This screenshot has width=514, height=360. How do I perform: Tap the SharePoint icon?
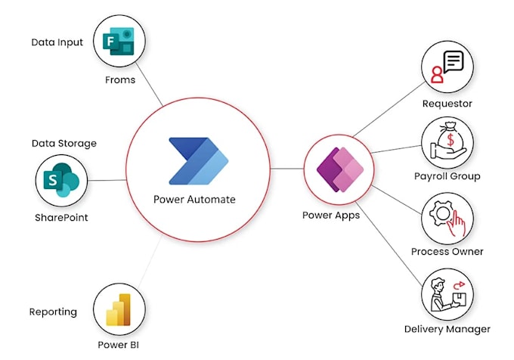click(60, 182)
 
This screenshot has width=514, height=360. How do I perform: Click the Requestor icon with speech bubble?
click(447, 67)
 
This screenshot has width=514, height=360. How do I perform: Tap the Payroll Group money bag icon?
click(447, 143)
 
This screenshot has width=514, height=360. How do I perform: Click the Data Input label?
click(57, 42)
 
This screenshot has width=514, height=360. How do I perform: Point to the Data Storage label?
click(64, 143)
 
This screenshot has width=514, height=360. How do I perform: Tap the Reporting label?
click(53, 312)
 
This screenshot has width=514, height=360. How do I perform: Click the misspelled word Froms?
click(119, 79)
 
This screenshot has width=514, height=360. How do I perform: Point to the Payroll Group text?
click(447, 176)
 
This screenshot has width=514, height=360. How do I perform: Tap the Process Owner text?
click(447, 251)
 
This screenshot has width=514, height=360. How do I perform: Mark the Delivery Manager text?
click(447, 329)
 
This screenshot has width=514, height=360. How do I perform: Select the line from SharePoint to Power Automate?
click(107, 180)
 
